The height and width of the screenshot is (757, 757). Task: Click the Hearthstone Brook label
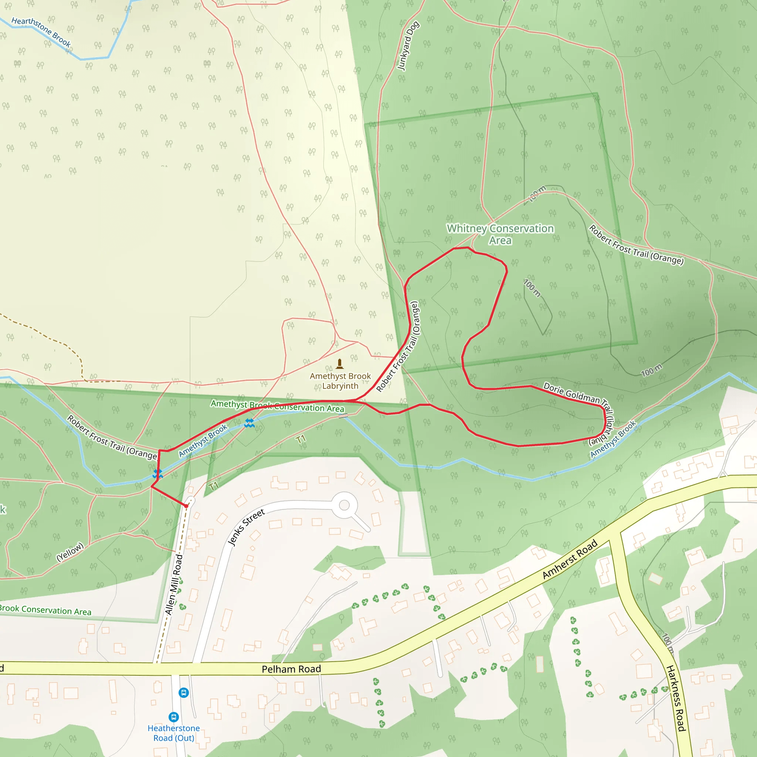point(41,32)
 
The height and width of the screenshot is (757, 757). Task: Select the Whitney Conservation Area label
point(500,234)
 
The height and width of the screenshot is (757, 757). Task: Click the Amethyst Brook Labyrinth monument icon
point(340,364)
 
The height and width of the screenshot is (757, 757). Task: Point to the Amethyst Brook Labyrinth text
point(340,381)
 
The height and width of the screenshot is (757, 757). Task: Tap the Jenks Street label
point(247,527)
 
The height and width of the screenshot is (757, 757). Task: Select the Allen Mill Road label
point(174,585)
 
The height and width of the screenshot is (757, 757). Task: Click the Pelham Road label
point(291,669)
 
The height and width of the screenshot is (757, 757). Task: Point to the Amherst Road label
point(570,559)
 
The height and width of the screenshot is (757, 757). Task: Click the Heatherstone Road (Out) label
point(174,733)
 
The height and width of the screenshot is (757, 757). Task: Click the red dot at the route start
point(187,506)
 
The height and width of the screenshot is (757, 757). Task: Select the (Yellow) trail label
point(70,552)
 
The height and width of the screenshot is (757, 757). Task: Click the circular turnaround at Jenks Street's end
point(344,505)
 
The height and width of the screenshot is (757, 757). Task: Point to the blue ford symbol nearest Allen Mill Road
point(157,474)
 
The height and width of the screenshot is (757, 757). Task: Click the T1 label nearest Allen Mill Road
point(213,486)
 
